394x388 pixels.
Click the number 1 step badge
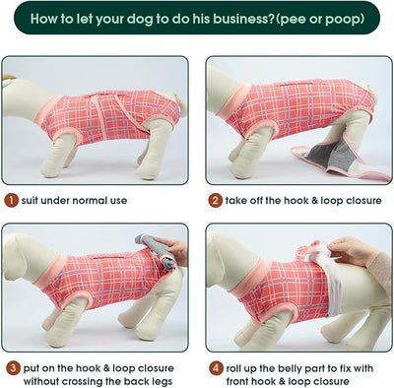[x=12, y=200]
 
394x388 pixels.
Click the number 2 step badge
[x=215, y=200]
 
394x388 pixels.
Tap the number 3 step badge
[x=13, y=368]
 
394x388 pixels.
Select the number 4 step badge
[x=216, y=368]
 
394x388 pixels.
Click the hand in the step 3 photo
[x=173, y=250]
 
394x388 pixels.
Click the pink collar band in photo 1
[x=47, y=109]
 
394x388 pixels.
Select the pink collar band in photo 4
[x=245, y=280]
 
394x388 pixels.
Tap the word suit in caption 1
[x=28, y=200]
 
